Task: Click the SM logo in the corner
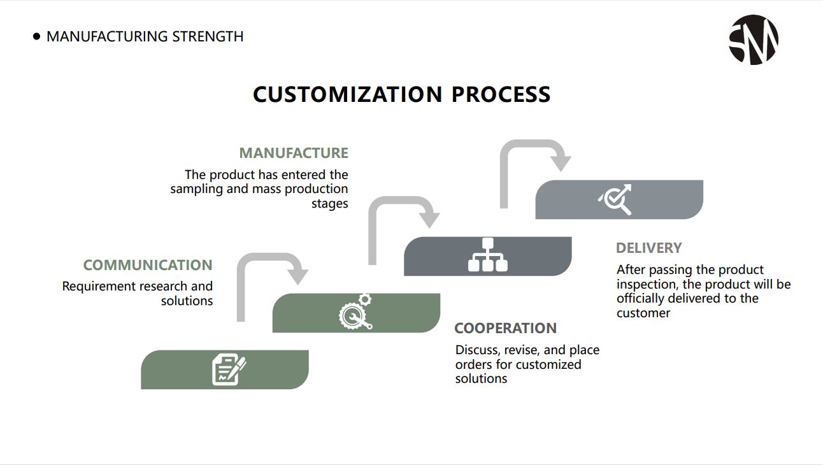(753, 39)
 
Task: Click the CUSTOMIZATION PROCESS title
(401, 94)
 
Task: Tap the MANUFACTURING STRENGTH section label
(145, 36)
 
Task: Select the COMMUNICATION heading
(148, 265)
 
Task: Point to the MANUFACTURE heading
(294, 153)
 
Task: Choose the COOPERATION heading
(505, 328)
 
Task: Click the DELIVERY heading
(648, 248)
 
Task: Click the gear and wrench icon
(355, 311)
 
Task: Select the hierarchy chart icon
(488, 255)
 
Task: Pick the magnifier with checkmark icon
(616, 199)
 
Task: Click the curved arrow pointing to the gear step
(268, 274)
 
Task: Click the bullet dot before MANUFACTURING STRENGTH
(36, 37)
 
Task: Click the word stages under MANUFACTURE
(329, 204)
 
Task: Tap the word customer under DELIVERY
(643, 313)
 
